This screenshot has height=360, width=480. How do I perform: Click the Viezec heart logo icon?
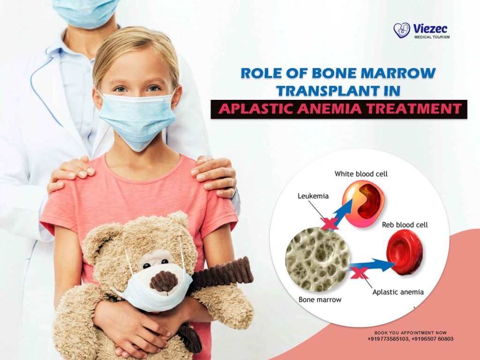(402, 30)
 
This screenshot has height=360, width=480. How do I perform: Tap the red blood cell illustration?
(404, 255)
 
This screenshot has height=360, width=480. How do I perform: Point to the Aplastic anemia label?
(398, 292)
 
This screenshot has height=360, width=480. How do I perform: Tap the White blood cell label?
(361, 174)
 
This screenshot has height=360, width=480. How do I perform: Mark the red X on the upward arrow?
(330, 224)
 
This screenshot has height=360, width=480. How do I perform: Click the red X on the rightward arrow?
(359, 272)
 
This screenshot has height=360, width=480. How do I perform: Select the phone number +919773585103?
(389, 339)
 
